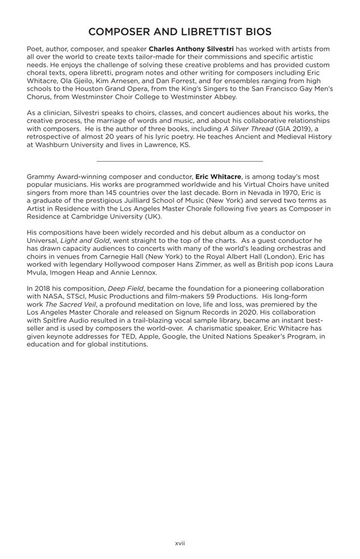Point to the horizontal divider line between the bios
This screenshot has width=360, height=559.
pyautogui.click(x=180, y=161)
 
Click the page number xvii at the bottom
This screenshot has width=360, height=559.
pyautogui.click(x=180, y=544)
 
